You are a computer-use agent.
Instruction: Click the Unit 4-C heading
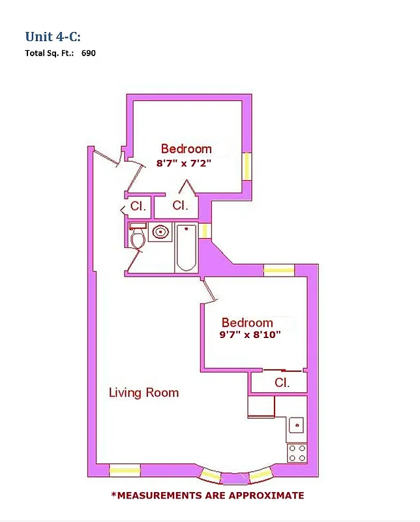click(x=53, y=36)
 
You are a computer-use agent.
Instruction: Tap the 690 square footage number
click(x=89, y=54)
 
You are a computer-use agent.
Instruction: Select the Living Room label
click(x=143, y=393)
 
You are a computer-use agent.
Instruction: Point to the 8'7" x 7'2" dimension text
click(x=187, y=164)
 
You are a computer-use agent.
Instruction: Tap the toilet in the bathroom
click(x=138, y=238)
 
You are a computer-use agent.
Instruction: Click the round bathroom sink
click(x=160, y=232)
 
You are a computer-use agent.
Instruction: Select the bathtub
click(x=187, y=247)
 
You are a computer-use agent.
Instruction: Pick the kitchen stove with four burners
click(x=297, y=452)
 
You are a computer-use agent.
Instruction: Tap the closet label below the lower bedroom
click(x=282, y=383)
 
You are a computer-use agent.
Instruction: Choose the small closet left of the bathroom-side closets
click(x=138, y=206)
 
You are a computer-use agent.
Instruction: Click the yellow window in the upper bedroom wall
click(x=247, y=166)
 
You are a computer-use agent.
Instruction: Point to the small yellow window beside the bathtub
click(x=203, y=231)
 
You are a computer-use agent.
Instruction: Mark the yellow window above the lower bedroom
click(x=279, y=269)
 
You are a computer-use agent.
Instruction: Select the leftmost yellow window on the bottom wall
click(x=124, y=469)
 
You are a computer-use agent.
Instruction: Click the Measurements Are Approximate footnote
click(x=207, y=496)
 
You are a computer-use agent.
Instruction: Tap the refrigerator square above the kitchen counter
click(x=261, y=407)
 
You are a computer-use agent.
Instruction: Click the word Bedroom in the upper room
click(x=187, y=149)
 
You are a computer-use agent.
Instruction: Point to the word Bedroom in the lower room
click(x=247, y=323)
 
